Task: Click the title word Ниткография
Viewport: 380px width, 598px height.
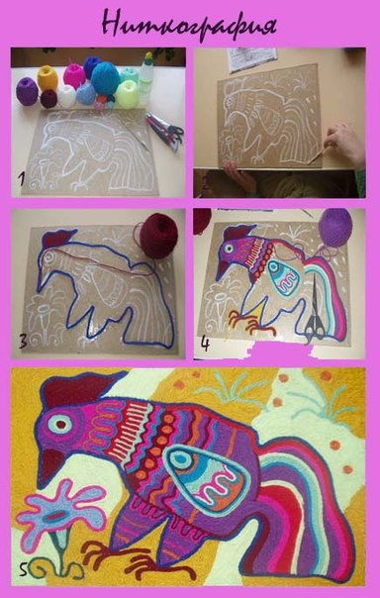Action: (x=189, y=26)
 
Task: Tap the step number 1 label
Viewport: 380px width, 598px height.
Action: (x=21, y=178)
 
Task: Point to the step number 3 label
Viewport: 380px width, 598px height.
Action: (x=23, y=342)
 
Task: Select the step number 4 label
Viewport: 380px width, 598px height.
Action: (x=205, y=344)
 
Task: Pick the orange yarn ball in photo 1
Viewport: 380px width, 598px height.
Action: (x=47, y=78)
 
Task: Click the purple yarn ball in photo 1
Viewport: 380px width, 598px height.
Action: (x=27, y=91)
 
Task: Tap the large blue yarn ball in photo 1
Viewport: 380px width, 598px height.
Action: (x=105, y=78)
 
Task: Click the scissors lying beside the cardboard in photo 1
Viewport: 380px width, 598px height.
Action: (x=165, y=132)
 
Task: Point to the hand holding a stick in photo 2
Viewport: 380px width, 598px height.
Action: (x=344, y=144)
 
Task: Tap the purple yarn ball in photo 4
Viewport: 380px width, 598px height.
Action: (x=335, y=228)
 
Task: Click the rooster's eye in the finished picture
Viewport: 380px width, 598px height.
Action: (x=59, y=424)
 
